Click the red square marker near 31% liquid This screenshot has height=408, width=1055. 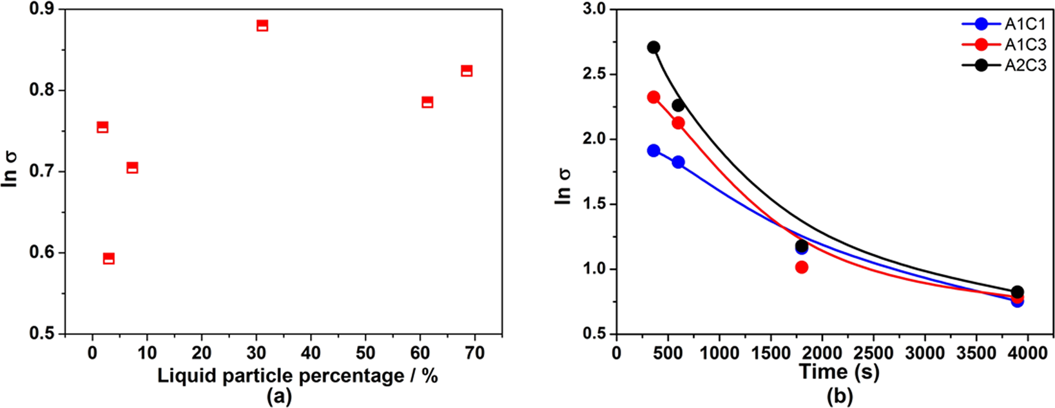tap(262, 26)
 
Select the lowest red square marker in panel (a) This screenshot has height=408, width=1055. tap(109, 258)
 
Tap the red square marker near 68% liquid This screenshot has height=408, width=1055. tap(467, 71)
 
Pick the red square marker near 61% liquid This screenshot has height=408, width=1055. tap(427, 102)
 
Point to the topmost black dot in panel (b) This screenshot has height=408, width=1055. tap(653, 47)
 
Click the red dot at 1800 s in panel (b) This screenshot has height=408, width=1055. tap(802, 267)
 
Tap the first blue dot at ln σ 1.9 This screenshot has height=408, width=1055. tap(653, 151)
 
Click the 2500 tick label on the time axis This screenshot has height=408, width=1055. tap(873, 353)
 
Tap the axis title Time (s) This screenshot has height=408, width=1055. tap(839, 372)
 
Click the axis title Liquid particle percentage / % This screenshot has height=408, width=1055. tap(297, 376)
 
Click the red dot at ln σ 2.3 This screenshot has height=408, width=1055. tap(653, 97)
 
